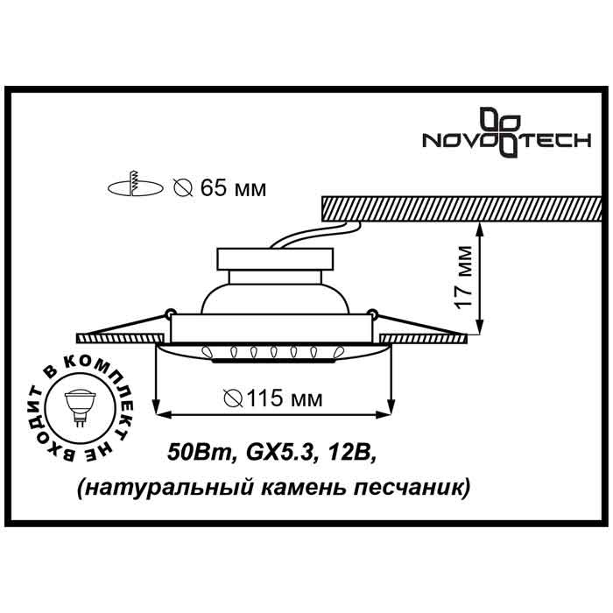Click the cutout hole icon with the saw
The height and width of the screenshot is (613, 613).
(134, 187)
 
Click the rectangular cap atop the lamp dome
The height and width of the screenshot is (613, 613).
(276, 259)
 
